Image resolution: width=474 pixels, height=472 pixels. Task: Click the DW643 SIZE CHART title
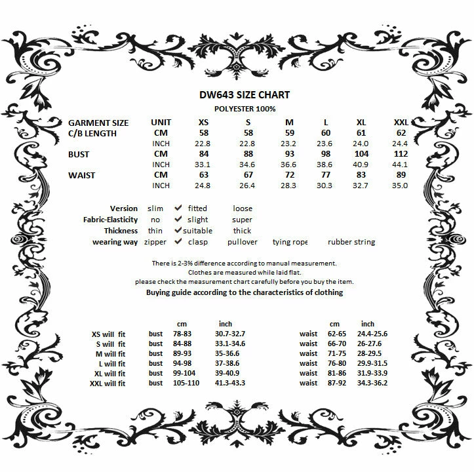(245, 94)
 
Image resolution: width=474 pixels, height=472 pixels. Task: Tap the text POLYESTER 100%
(245, 109)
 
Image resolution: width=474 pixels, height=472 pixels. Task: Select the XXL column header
(400, 123)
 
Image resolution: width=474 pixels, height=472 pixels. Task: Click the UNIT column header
(161, 123)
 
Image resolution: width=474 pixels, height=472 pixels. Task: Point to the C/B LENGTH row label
(92, 133)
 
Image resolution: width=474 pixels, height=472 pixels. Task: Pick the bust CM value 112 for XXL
(400, 154)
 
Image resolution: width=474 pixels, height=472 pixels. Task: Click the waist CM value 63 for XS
(203, 175)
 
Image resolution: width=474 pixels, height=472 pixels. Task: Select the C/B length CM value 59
(290, 133)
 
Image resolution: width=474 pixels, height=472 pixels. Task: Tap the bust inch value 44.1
(400, 165)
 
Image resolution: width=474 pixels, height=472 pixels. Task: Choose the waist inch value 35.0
(400, 186)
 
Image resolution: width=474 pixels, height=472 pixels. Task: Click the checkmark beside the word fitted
(178, 208)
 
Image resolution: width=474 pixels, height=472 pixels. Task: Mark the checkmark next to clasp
(178, 242)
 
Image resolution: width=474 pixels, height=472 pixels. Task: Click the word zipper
(156, 242)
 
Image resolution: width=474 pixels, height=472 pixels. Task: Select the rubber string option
(351, 242)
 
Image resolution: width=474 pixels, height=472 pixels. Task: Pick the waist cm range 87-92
(336, 383)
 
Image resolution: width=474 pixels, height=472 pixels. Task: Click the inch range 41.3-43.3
(229, 383)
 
